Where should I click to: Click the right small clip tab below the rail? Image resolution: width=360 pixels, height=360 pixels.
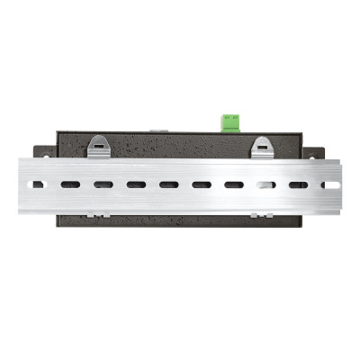(259, 215)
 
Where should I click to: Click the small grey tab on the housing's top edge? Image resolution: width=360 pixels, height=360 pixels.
(156, 130)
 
